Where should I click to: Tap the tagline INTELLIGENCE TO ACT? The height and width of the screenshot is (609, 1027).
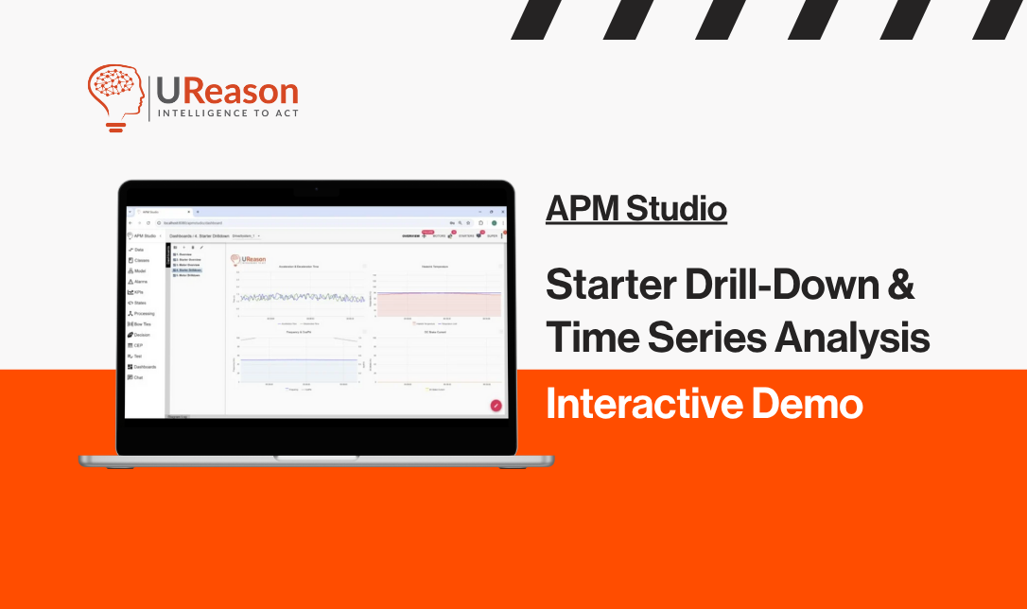[226, 113]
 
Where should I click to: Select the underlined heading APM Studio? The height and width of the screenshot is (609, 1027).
[635, 208]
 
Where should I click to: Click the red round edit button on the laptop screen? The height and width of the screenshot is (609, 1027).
[496, 405]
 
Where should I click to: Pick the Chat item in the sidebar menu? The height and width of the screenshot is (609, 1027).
[137, 376]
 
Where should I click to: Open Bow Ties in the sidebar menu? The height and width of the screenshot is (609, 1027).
[141, 323]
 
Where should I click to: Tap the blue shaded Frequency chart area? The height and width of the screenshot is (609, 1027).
[299, 371]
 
